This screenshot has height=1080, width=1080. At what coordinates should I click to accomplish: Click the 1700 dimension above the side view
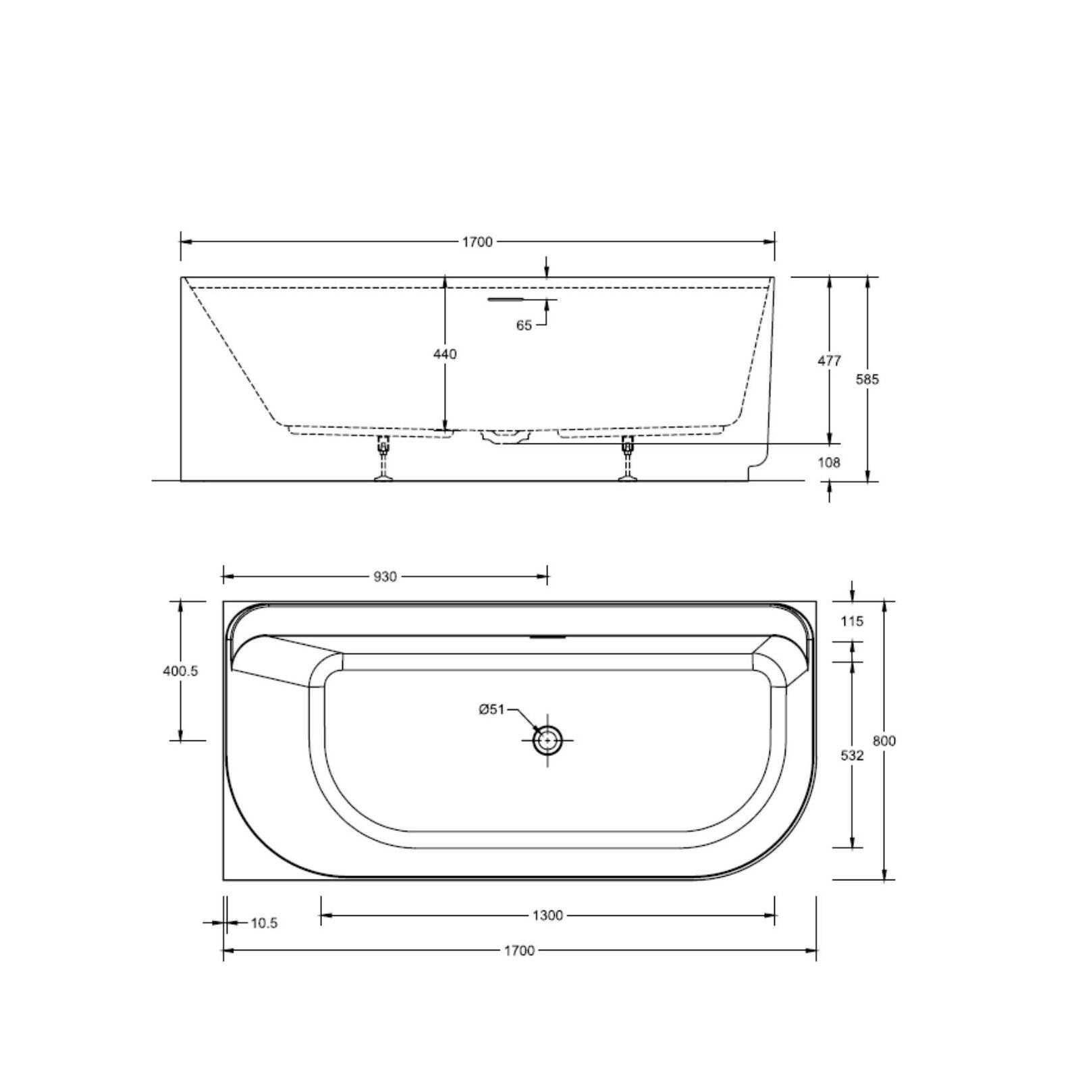click(x=477, y=242)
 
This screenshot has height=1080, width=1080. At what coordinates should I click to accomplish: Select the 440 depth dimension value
click(x=445, y=354)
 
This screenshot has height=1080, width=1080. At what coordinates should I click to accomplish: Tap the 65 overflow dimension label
click(x=524, y=325)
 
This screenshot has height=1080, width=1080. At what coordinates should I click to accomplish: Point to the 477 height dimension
click(x=830, y=360)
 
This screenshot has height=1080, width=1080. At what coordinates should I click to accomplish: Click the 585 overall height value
click(x=867, y=379)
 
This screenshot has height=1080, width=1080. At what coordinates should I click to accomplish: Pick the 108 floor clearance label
click(x=829, y=462)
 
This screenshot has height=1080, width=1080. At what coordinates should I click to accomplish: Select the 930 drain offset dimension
click(x=385, y=576)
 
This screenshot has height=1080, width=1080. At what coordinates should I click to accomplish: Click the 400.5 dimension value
click(x=180, y=672)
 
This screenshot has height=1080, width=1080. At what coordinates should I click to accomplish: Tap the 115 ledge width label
click(x=852, y=621)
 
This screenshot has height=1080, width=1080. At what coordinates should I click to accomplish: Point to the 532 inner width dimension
click(x=853, y=755)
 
